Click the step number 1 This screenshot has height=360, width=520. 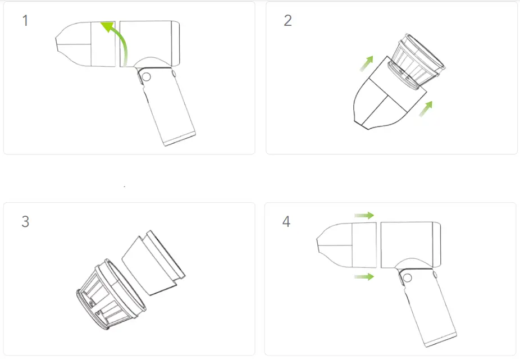25,21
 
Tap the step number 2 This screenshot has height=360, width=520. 288,21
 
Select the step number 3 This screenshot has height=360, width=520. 25,221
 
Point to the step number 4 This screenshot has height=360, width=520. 286,221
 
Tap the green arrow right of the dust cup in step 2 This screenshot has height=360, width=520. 427,107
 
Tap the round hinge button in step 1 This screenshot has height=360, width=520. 145,77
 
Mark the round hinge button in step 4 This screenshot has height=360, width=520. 407,277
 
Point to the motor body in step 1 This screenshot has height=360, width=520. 149,43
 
